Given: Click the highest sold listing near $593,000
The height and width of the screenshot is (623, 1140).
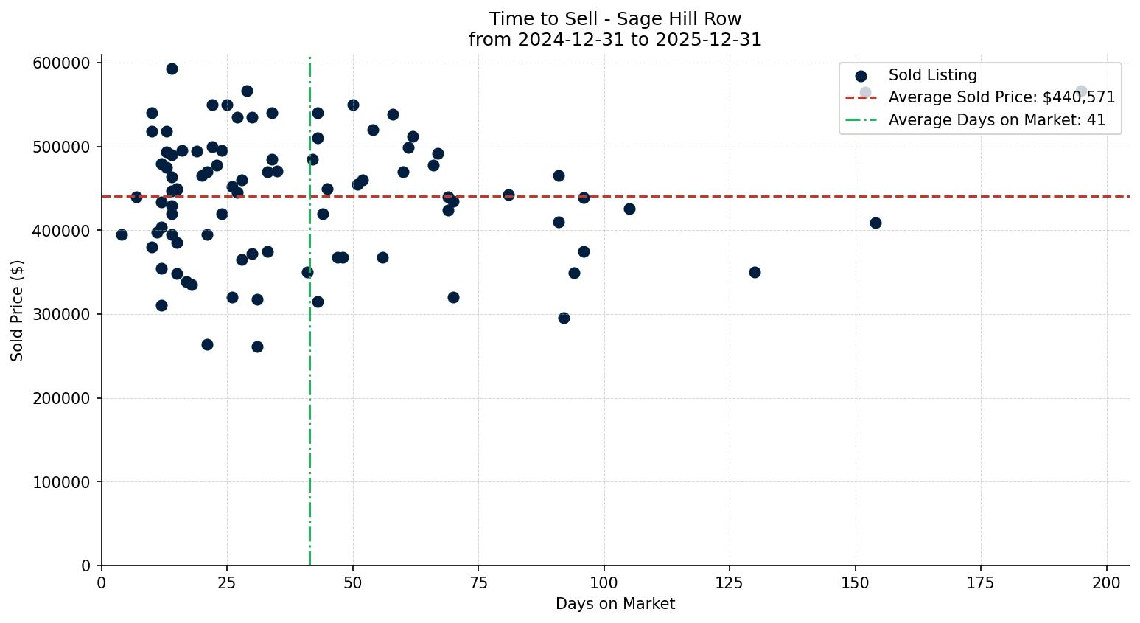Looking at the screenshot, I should [x=172, y=69].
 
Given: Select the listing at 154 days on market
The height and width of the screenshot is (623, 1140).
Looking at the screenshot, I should [x=875, y=223].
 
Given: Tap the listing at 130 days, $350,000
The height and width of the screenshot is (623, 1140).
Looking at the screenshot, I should [x=755, y=272].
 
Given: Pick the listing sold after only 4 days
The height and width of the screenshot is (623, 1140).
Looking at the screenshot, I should [x=122, y=234].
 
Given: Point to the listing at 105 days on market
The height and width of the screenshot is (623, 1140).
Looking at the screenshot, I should [x=629, y=209].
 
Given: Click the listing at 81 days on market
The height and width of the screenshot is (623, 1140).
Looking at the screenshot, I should [x=508, y=195].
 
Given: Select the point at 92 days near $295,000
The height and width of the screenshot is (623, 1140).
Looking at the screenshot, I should [x=564, y=318].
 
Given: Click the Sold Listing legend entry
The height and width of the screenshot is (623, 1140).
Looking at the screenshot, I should [x=932, y=75].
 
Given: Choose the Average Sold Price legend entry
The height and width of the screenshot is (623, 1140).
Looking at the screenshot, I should [x=1001, y=97].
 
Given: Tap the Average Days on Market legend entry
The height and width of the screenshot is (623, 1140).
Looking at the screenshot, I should [x=996, y=120].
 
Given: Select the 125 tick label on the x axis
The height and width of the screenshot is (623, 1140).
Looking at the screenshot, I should [x=730, y=583].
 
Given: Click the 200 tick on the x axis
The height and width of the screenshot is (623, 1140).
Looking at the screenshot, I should [x=1107, y=583].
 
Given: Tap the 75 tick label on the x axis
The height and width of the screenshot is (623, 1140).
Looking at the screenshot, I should [x=478, y=583].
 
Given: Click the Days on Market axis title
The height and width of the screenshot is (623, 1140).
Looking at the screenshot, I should [x=615, y=604].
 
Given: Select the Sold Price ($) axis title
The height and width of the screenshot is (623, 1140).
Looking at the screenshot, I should [x=18, y=310].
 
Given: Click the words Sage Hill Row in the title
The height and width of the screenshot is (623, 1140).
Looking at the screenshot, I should [x=679, y=19].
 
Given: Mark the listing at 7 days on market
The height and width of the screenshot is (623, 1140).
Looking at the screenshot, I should [x=136, y=197].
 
